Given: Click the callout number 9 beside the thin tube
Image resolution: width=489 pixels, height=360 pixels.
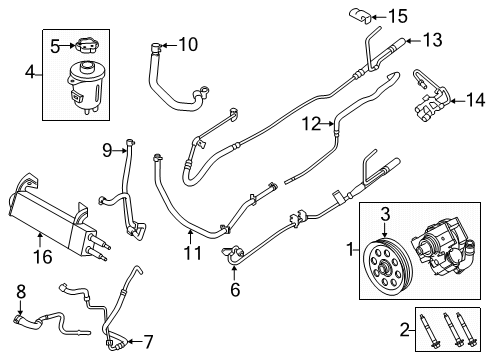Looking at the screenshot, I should pos(107,151).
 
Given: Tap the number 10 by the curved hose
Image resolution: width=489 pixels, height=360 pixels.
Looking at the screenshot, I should pos(187,44).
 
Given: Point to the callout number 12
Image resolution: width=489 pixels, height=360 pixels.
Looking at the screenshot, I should pos(312,123).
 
